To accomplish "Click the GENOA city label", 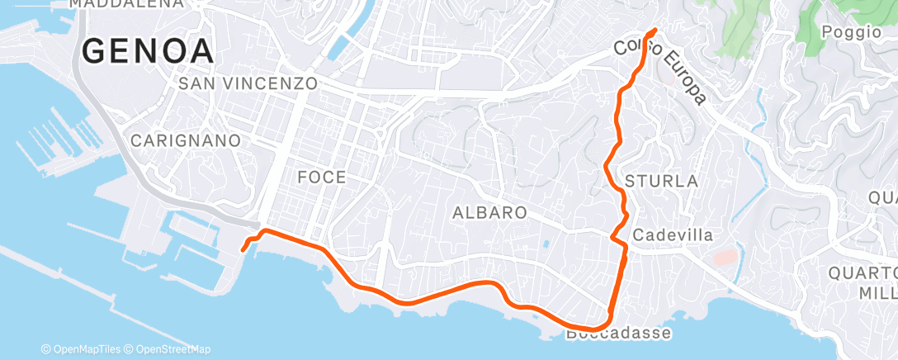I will (149, 51).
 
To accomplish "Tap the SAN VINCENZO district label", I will (248, 83).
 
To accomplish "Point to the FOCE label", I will (322, 178).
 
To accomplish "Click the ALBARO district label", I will (489, 213).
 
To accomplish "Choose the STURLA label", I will (662, 181).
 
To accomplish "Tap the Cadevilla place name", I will (672, 235).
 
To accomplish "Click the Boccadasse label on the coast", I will (619, 334).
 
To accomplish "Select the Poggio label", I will (853, 32).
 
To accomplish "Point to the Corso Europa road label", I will (660, 70).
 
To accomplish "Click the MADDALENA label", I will (126, 3).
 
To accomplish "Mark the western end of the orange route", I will (243, 249).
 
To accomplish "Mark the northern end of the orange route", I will (655, 31).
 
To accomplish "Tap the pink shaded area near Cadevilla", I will (724, 258).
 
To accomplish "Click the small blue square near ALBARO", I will (546, 244).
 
